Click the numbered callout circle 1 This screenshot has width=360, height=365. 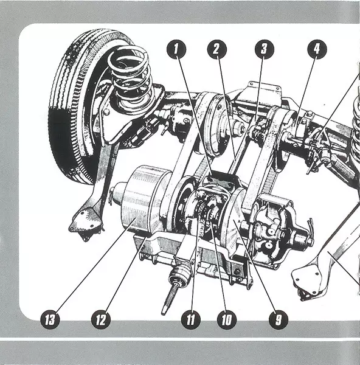(176, 49)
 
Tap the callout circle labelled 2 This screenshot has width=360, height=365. (216, 49)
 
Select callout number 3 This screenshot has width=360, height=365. (264, 49)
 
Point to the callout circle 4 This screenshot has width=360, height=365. (317, 49)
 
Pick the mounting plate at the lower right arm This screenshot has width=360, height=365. (306, 283)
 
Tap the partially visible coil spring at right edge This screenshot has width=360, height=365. (355, 130)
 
